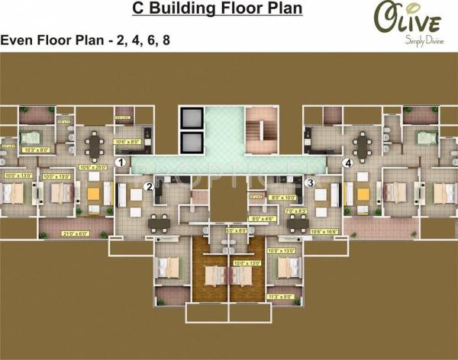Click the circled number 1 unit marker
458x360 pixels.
point(120,162)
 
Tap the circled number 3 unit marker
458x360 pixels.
point(309,183)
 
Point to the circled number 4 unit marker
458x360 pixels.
point(347,162)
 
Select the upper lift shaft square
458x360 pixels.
point(190,118)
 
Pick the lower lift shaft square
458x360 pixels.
point(190,143)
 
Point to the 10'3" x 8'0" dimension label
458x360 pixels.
point(34,151)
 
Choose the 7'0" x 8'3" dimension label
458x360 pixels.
point(295,210)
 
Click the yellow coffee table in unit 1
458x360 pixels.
point(94,193)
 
